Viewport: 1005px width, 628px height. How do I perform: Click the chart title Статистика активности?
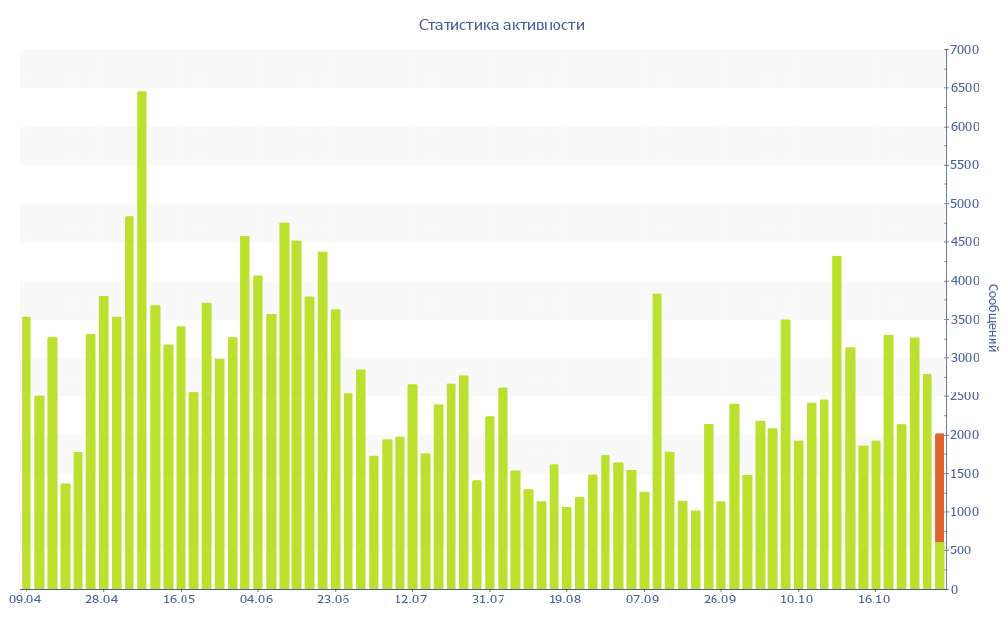pyautogui.click(x=502, y=26)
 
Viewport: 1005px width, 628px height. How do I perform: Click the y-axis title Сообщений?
pyautogui.click(x=992, y=318)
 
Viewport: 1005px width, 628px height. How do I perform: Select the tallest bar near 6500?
pyautogui.click(x=142, y=340)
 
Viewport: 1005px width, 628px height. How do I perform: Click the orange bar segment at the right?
pyautogui.click(x=939, y=487)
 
